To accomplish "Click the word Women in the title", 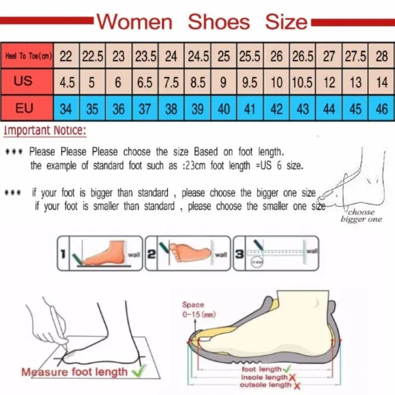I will [134, 22].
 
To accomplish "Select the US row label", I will [23, 81].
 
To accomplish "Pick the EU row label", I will [24, 108].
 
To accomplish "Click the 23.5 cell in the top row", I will [145, 56].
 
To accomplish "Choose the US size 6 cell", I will [118, 82].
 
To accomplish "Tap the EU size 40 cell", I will [224, 108].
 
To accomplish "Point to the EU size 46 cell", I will [382, 108].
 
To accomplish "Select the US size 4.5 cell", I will [67, 82].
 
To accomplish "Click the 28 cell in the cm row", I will [382, 56].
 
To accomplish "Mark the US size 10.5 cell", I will [303, 82].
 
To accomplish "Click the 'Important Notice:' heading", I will [45, 131].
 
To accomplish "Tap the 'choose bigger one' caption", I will [361, 216].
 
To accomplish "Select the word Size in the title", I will [286, 22].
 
